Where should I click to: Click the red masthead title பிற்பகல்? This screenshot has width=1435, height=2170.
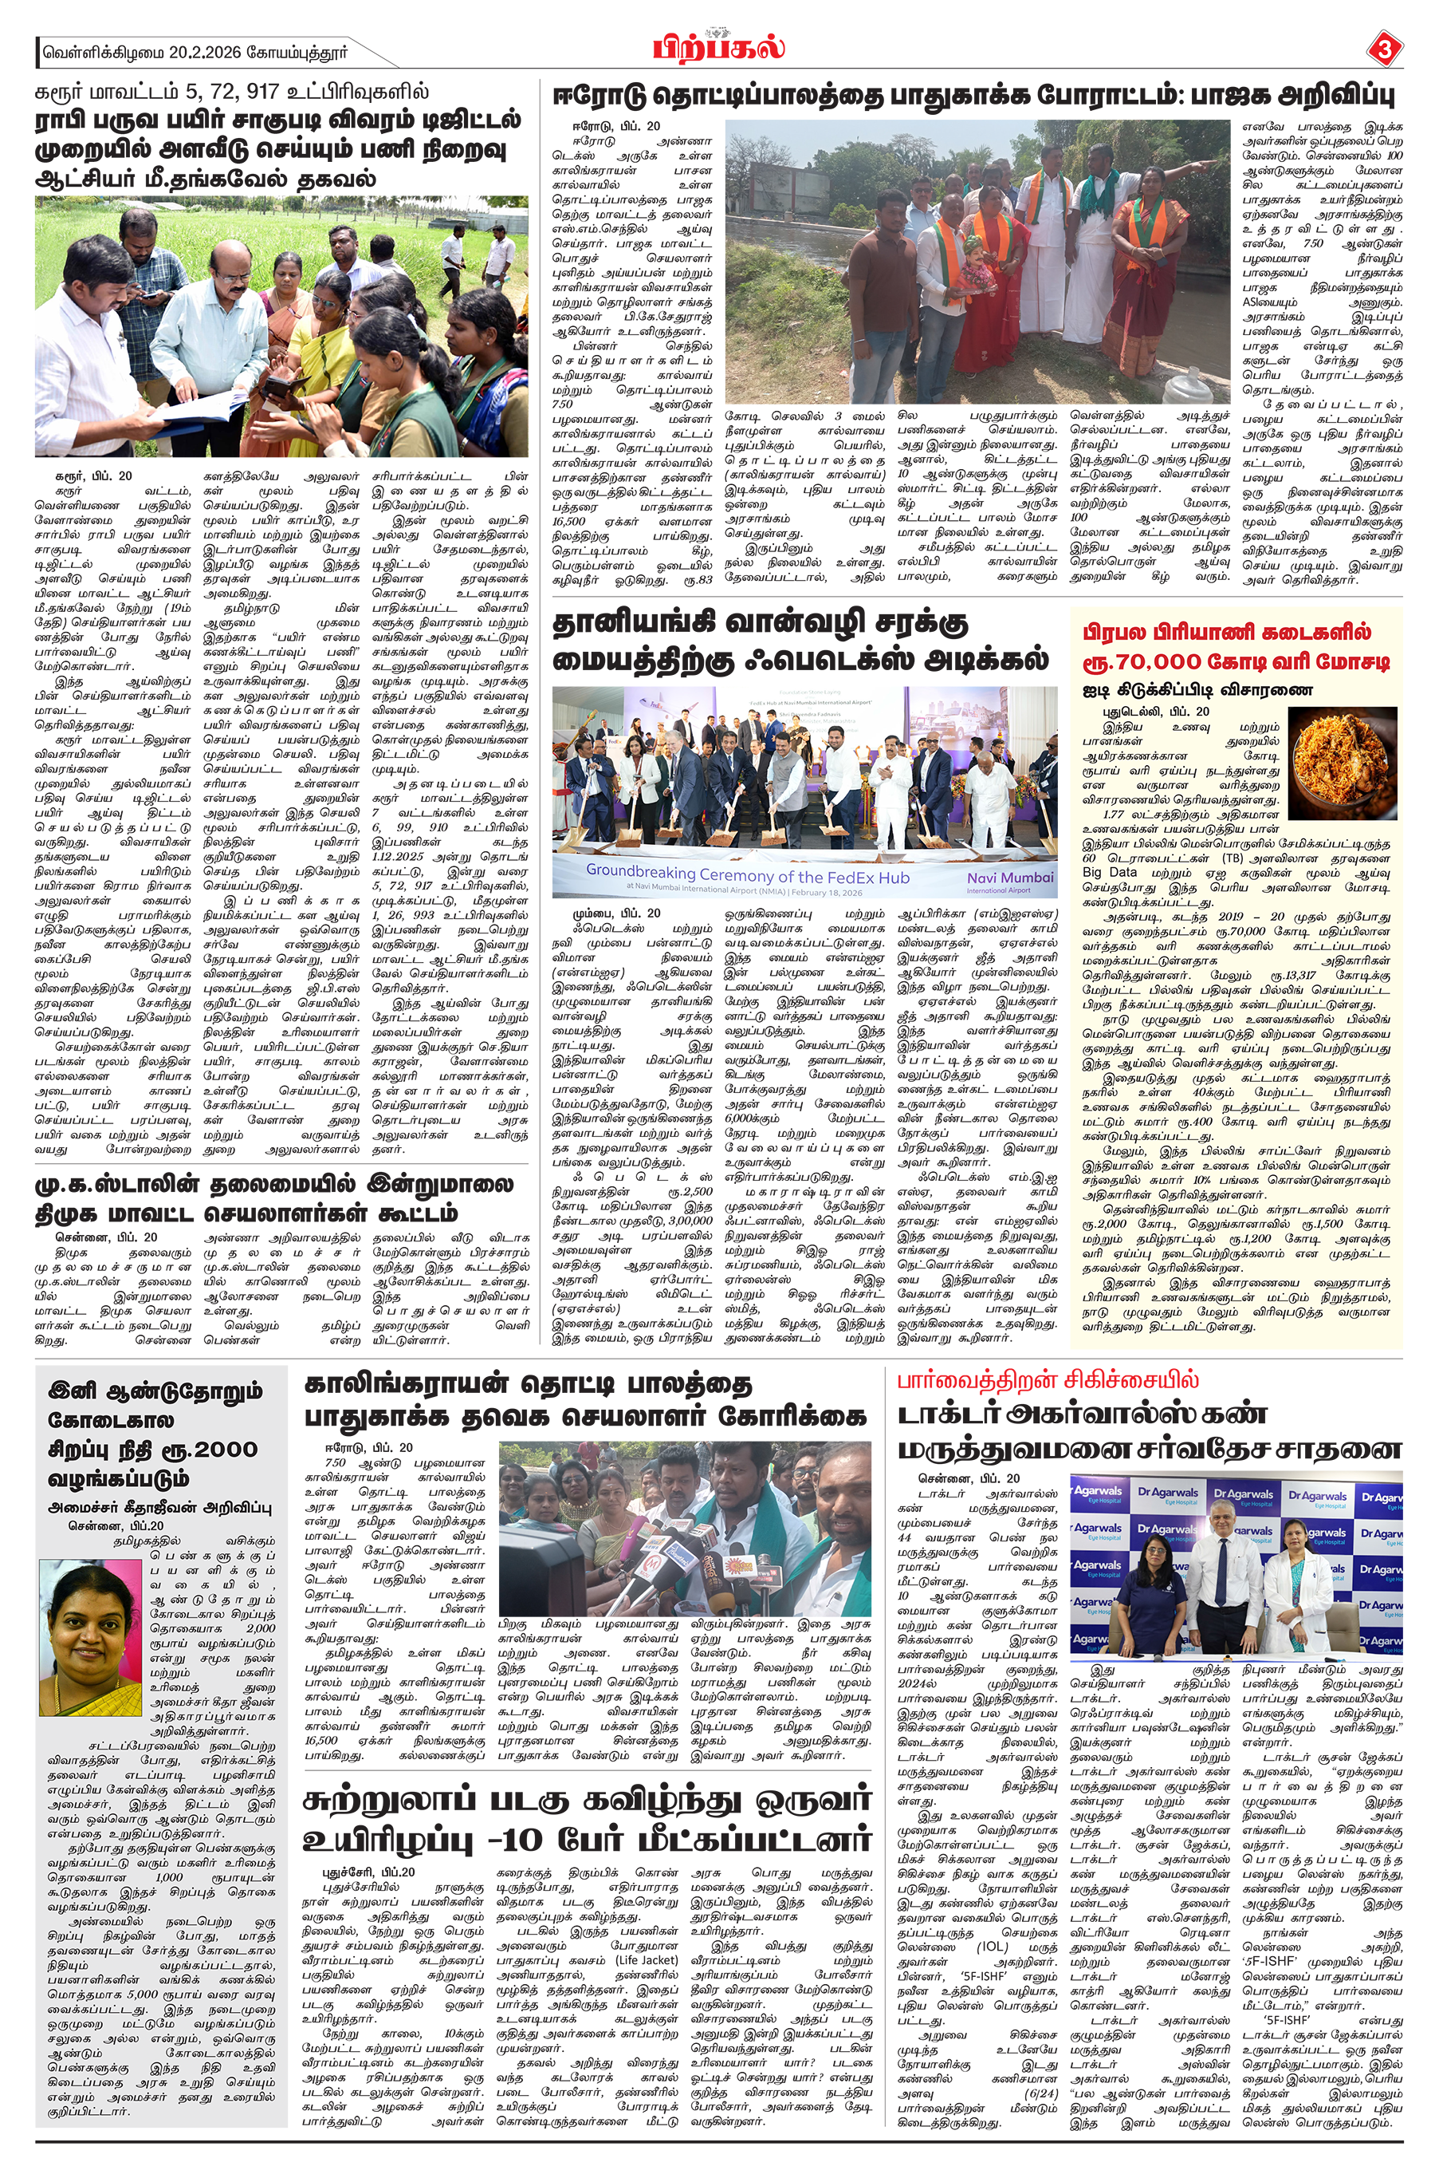click(719, 47)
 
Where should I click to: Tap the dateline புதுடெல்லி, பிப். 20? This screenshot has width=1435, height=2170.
click(1156, 712)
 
